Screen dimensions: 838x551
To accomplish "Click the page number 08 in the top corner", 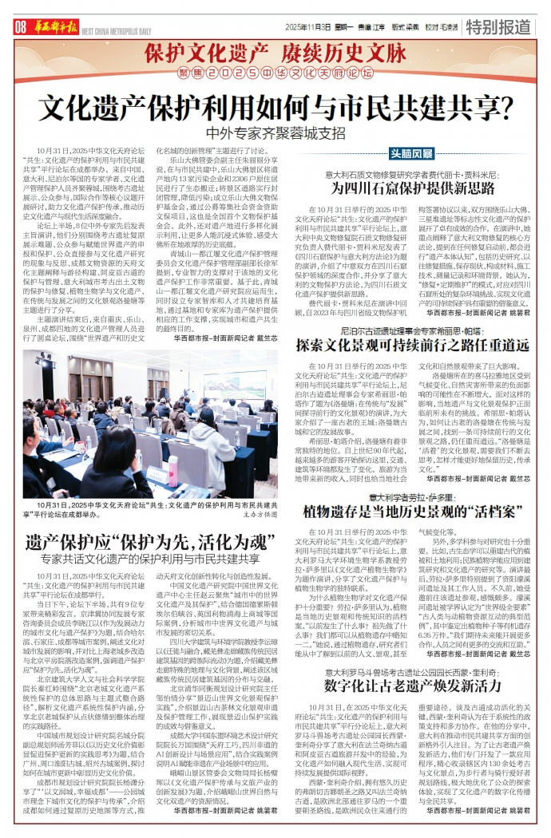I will pyautogui.click(x=20, y=26).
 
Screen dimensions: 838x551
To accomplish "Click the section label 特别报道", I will pyautogui.click(x=503, y=26).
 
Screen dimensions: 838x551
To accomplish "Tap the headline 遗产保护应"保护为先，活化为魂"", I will pyautogui.click(x=145, y=543).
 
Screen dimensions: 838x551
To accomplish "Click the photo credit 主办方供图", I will pyautogui.click(x=255, y=515).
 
